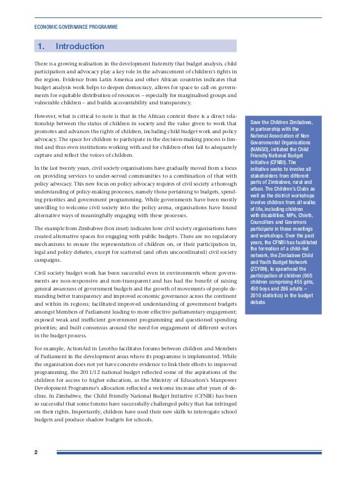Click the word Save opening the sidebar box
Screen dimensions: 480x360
click(257, 122)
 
